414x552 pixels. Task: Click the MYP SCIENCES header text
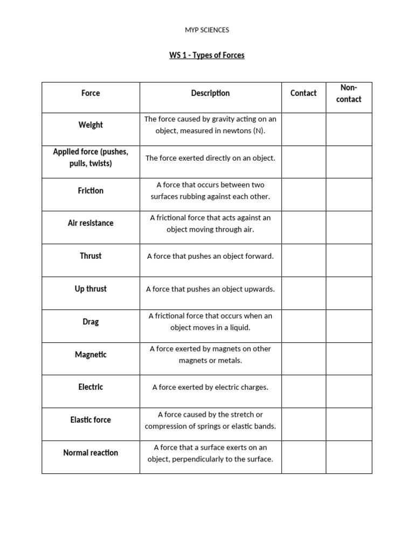pyautogui.click(x=207, y=30)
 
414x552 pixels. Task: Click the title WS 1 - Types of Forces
pyautogui.click(x=207, y=56)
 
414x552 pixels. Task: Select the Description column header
pyautogui.click(x=210, y=93)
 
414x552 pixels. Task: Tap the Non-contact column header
pyautogui.click(x=349, y=93)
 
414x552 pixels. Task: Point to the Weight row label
pyautogui.click(x=91, y=125)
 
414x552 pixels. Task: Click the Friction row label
pyautogui.click(x=91, y=191)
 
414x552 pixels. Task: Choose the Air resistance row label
pyautogui.click(x=91, y=223)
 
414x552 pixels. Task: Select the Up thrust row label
pyautogui.click(x=91, y=289)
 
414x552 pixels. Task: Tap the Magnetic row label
pyautogui.click(x=91, y=355)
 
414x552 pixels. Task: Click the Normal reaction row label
pyautogui.click(x=91, y=453)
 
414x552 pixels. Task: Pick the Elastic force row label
pyautogui.click(x=91, y=420)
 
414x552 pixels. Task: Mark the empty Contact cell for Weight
pyautogui.click(x=303, y=129)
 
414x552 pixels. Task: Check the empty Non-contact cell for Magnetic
pyautogui.click(x=349, y=358)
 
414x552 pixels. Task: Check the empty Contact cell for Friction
pyautogui.click(x=303, y=195)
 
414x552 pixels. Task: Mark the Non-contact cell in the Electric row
pyautogui.click(x=349, y=391)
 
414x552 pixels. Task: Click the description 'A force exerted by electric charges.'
pyautogui.click(x=210, y=387)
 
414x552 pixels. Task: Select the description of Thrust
pyautogui.click(x=210, y=256)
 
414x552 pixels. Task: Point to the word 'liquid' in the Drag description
pyautogui.click(x=239, y=328)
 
